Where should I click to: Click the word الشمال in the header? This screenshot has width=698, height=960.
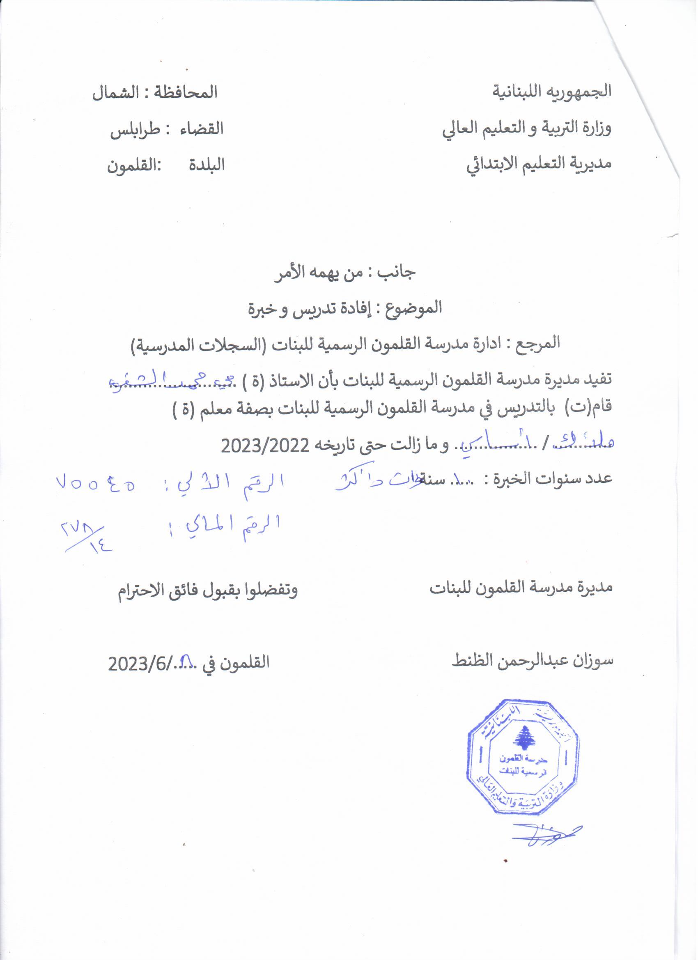(x=111, y=93)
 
